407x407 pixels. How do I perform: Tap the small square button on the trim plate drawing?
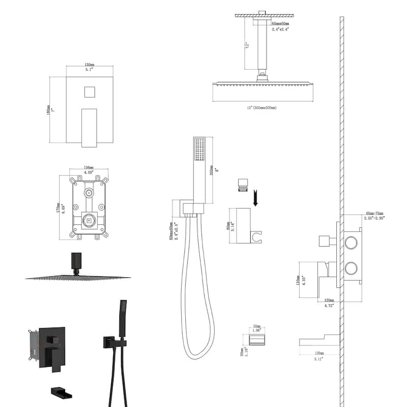click(90, 93)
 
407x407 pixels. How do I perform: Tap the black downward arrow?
click(256, 196)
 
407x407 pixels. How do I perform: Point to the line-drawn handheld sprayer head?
click(198, 152)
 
